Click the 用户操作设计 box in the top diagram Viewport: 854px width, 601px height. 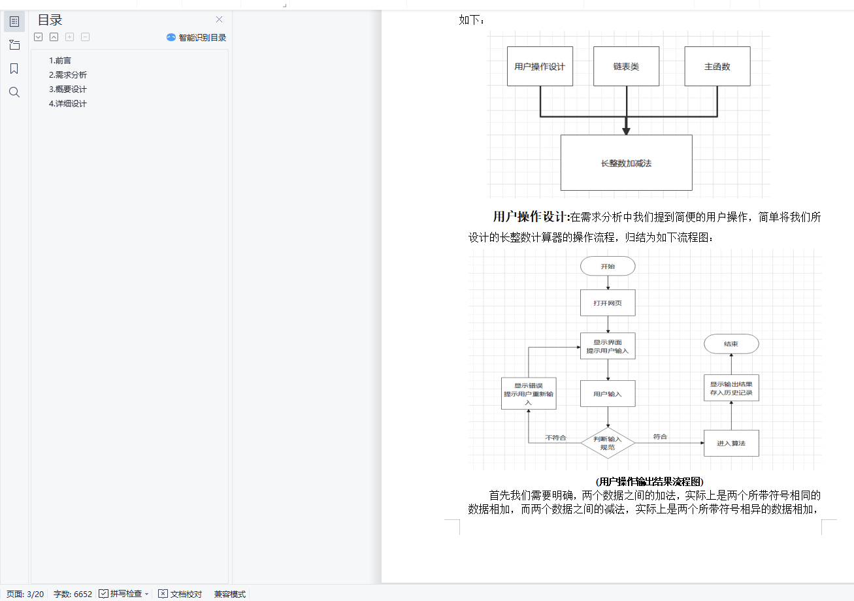(540, 67)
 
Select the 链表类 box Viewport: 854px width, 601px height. (626, 67)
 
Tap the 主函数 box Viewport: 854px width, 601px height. (717, 67)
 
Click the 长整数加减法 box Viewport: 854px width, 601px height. (626, 163)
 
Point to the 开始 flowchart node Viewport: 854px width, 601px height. (608, 266)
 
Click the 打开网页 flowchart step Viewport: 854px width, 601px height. (608, 303)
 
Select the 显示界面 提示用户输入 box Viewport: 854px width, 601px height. (608, 346)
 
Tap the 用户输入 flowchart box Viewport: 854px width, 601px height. (608, 394)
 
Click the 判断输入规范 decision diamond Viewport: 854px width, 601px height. (608, 443)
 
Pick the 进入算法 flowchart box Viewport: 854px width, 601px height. (731, 443)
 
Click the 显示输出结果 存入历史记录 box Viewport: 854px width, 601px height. (731, 388)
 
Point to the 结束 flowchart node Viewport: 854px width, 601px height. (731, 344)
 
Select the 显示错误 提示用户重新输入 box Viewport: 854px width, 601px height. (529, 394)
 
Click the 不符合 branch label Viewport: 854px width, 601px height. (555, 437)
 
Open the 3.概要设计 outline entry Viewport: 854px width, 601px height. (68, 89)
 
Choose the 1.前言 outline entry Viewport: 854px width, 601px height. (60, 61)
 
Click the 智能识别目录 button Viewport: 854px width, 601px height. (197, 38)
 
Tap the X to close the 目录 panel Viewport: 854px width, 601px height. (219, 20)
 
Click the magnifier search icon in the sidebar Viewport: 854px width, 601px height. (14, 92)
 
